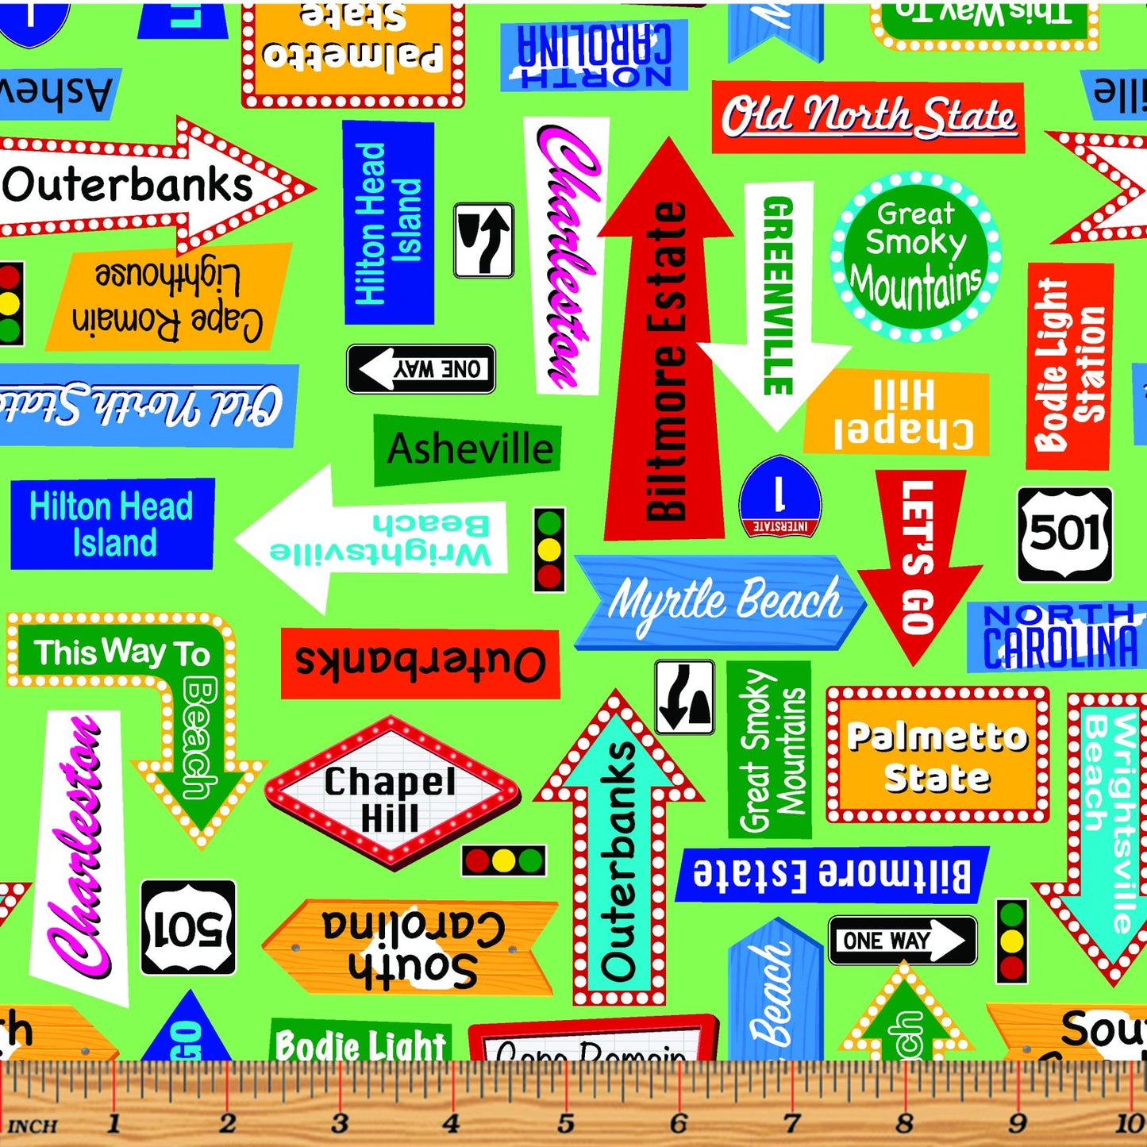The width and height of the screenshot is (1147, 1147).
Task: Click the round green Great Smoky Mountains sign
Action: point(915,257)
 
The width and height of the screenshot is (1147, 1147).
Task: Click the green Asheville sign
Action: point(468,449)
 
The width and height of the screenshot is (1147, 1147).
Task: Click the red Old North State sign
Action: point(868,117)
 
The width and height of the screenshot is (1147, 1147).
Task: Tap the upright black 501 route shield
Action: point(1064,534)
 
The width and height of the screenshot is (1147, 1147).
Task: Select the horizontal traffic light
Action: point(504,860)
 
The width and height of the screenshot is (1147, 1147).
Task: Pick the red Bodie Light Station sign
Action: point(1068,365)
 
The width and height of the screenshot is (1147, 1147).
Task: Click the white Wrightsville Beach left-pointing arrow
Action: point(373,540)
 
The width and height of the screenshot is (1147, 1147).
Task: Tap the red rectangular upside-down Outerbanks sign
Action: point(421,663)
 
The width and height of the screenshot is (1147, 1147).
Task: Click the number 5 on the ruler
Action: point(565,1123)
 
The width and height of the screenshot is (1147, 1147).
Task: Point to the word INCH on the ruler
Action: point(32,1126)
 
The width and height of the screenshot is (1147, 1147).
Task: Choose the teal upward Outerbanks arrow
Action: point(619,857)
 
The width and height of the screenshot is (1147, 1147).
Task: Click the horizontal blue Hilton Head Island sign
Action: point(112,524)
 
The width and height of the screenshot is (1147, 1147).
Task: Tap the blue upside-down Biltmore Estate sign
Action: point(831,874)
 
